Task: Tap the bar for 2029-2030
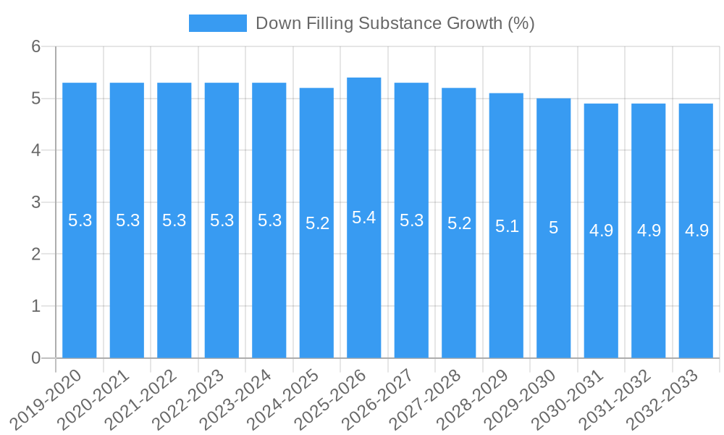554,290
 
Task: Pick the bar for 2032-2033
696,290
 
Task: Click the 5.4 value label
364,217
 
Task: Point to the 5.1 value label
507,226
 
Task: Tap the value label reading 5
554,228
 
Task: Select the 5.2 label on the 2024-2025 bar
317,223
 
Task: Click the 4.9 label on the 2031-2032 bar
649,231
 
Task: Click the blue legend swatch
217,23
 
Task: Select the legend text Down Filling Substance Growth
395,23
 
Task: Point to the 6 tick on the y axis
35,46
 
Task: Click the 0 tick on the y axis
35,358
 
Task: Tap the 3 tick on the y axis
35,202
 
